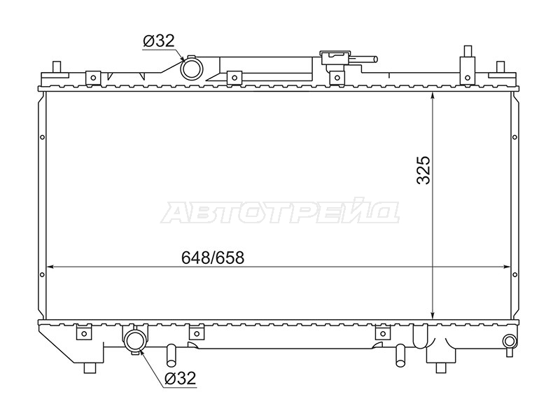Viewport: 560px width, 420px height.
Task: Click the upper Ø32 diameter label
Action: pos(159,41)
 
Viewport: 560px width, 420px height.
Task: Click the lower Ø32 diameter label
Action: pos(181,378)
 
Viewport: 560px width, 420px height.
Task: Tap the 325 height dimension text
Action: pos(424,169)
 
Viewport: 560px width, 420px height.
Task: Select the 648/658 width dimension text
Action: pos(213,258)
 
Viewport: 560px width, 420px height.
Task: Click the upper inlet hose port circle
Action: pos(191,69)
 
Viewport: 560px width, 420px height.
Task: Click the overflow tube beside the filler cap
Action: pos(364,59)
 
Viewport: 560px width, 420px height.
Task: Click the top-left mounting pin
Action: pos(57,67)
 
